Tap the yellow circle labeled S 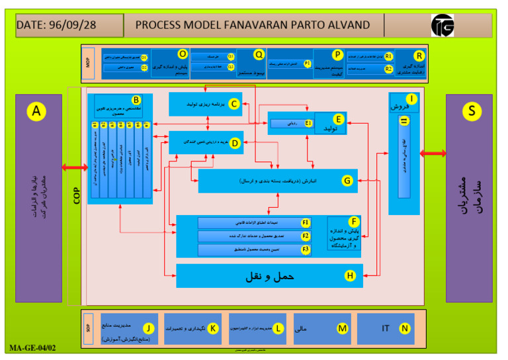[472, 111]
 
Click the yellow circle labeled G [346, 180]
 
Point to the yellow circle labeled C [234, 104]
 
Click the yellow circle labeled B [136, 100]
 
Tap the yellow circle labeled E [338, 119]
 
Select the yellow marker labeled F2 [306, 236]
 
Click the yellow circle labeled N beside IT [405, 328]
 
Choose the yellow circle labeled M [342, 328]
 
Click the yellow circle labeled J [149, 328]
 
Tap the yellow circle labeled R [418, 56]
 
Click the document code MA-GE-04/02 [33, 347]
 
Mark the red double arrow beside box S [433, 154]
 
